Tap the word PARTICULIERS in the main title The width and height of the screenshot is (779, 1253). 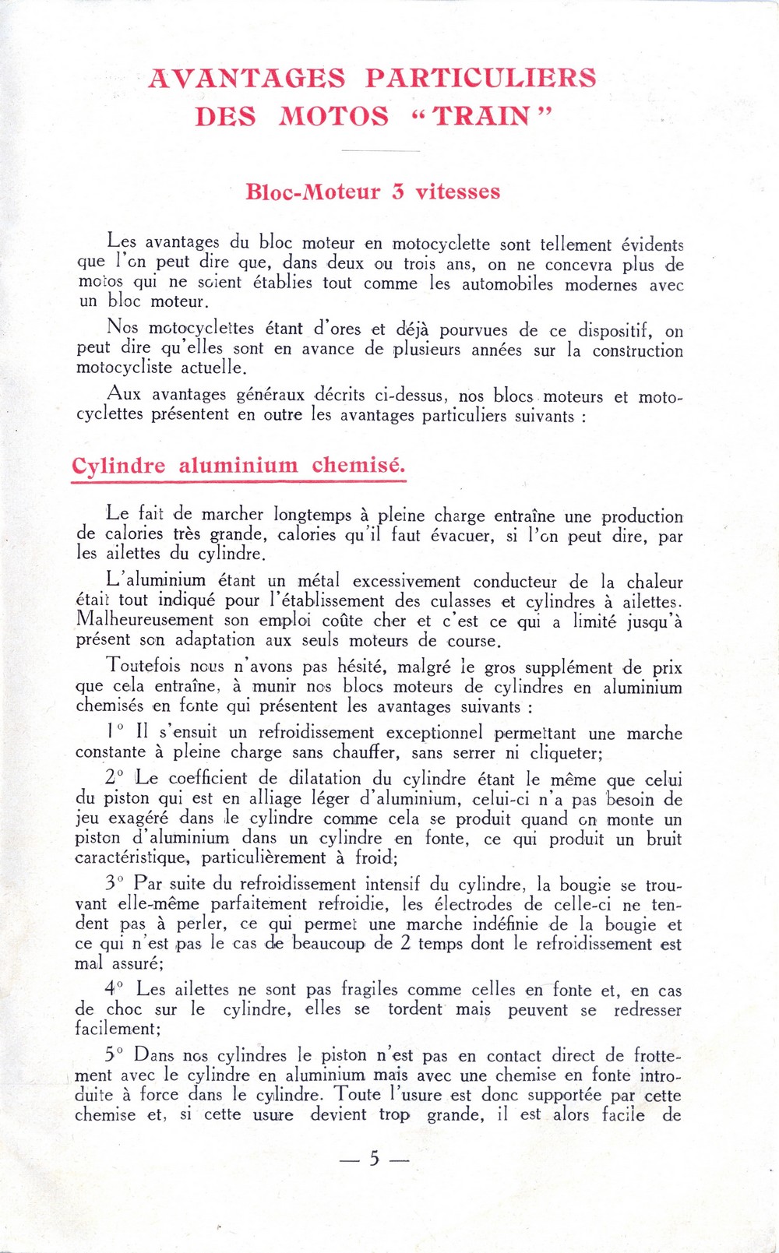(481, 78)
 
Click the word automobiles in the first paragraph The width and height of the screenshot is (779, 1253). (507, 284)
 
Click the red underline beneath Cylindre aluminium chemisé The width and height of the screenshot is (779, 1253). (238, 482)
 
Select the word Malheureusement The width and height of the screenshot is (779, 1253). (144, 621)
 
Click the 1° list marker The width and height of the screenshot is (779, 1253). (115, 731)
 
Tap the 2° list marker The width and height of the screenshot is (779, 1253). (115, 778)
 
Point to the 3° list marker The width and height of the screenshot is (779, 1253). (115, 884)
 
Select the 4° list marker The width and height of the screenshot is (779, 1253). (115, 989)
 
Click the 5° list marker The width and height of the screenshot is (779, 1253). (115, 1055)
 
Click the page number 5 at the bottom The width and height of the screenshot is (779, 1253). (375, 1159)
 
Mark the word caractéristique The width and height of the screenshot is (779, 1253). (132, 858)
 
